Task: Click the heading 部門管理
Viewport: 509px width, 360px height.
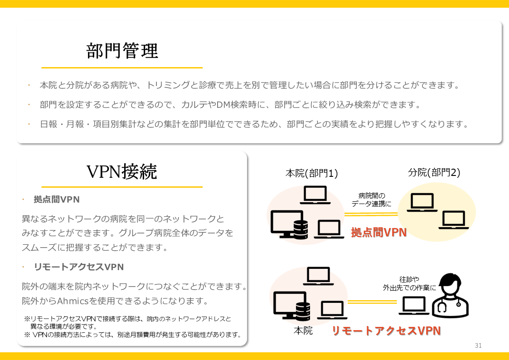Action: (x=122, y=51)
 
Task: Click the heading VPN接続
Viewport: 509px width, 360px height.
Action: (x=121, y=172)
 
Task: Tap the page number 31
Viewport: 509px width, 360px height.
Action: (x=478, y=346)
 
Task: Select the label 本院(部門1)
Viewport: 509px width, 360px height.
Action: (x=311, y=173)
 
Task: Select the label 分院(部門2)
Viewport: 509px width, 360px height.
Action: (x=434, y=172)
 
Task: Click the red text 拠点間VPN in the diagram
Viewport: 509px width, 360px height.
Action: (x=378, y=233)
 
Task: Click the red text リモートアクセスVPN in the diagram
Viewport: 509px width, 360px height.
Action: (x=386, y=331)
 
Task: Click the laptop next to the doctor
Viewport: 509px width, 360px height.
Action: (x=414, y=306)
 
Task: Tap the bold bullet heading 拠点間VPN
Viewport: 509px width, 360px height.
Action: (x=57, y=199)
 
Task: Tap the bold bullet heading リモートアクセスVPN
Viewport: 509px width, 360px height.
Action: (x=78, y=267)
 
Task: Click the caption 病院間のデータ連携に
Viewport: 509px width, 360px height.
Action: (x=371, y=200)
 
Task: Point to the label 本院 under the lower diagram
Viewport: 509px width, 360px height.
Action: (x=303, y=331)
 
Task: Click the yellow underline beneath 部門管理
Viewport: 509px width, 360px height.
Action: (x=122, y=68)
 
